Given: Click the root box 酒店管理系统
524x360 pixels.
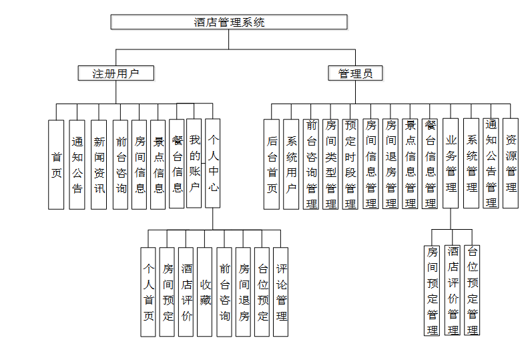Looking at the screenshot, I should coord(229,22).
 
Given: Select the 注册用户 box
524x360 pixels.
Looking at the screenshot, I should coord(115,73).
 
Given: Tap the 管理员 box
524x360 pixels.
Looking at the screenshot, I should coord(355,73).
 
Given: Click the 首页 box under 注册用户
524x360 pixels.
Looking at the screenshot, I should coord(57,164).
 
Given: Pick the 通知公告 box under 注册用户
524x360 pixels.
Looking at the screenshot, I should coord(77,164).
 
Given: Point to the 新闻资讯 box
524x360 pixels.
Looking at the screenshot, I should coord(99,164).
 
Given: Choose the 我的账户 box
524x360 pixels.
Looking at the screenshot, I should coord(194,163).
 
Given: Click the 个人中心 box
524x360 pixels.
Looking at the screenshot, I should coord(213,163).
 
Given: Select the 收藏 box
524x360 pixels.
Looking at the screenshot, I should coord(206,292).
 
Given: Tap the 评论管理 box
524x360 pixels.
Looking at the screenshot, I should coord(281,292).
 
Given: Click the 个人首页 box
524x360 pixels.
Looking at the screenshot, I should coord(149,292).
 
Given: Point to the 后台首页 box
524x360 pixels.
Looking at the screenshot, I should coord(272,164).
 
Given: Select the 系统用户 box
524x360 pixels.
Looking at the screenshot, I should coord(291,164).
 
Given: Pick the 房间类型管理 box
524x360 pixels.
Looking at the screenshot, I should coord(330,164).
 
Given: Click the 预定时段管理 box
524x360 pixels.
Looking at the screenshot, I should coord(350,164).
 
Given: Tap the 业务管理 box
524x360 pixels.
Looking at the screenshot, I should coord(451,164).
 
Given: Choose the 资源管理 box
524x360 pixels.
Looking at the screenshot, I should coord(511,164).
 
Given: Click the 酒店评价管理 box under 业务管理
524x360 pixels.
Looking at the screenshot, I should coord(453,290).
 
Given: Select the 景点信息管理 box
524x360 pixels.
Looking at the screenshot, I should coord(411,164).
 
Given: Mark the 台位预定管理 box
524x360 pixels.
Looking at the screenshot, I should coord(473,290).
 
